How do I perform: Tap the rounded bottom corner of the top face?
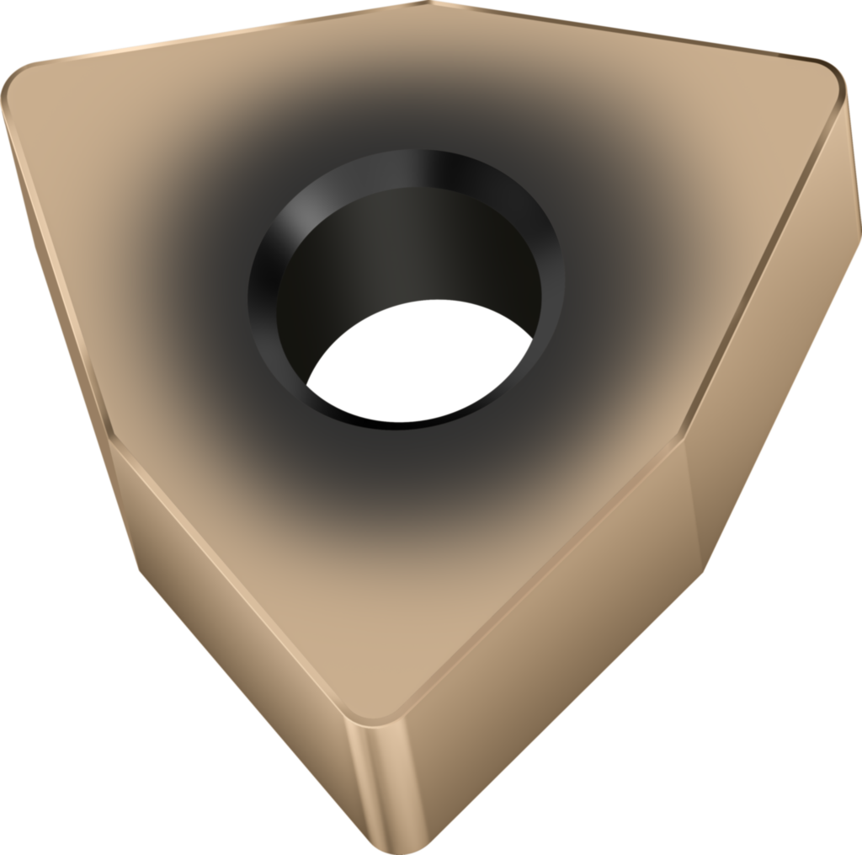click(375, 716)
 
